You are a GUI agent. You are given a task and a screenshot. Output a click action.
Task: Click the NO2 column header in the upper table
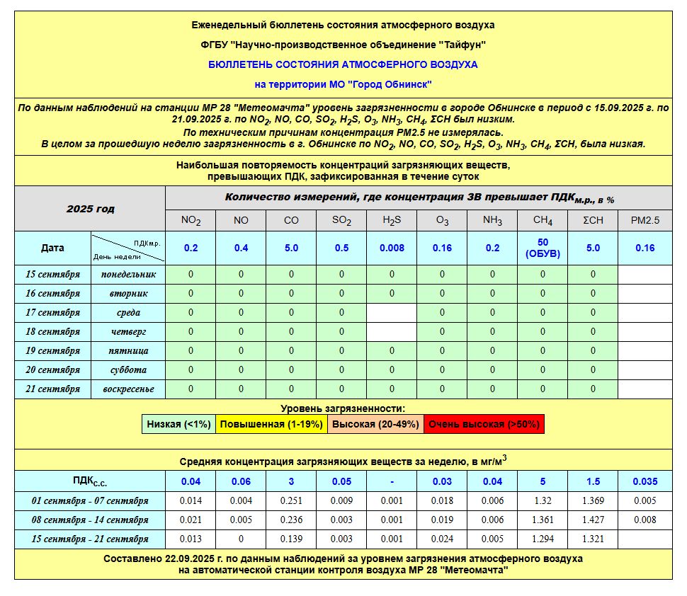tap(191, 220)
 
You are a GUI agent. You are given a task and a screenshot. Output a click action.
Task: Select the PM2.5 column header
tap(645, 220)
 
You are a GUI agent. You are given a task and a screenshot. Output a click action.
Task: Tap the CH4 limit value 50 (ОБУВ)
tap(543, 248)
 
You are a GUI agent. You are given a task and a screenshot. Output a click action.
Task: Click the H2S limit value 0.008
tap(392, 248)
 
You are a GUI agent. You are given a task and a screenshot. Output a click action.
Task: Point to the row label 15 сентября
tap(53, 274)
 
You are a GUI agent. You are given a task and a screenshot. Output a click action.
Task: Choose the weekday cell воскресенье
tap(128, 389)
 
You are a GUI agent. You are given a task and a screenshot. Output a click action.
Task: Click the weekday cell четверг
tap(128, 331)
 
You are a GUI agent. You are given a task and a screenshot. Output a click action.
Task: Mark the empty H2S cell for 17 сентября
tap(392, 312)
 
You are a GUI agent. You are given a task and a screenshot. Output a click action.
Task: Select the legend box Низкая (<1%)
tap(178, 424)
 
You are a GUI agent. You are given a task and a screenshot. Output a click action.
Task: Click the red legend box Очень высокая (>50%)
tap(484, 424)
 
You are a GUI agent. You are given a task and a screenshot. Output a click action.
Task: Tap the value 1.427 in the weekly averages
tap(593, 520)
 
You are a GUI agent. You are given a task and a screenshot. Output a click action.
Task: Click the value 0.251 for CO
tap(291, 500)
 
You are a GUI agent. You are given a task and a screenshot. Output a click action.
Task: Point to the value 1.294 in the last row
tap(543, 539)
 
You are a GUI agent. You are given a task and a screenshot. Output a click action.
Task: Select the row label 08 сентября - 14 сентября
tap(89, 520)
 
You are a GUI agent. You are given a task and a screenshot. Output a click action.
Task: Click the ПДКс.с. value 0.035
tap(645, 481)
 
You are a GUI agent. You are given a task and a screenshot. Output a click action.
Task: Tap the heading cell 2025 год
tap(90, 209)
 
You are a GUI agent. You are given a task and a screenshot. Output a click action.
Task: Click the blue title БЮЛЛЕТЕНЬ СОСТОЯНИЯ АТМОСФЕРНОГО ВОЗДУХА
tap(343, 64)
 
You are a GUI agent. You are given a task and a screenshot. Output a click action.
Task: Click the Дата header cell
tap(52, 248)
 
